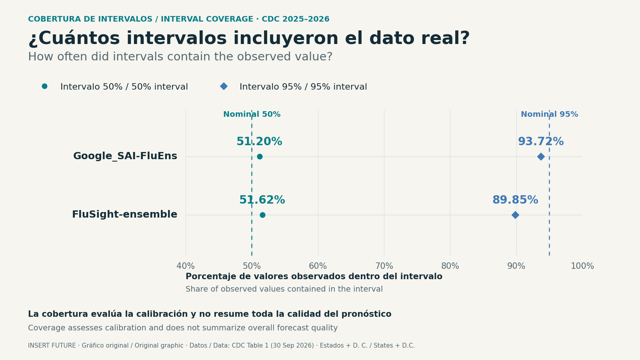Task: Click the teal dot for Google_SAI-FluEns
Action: pyautogui.click(x=260, y=156)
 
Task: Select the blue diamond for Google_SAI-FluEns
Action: pyautogui.click(x=540, y=156)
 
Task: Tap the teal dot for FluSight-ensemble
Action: pyautogui.click(x=262, y=215)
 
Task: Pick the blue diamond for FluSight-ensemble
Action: pyautogui.click(x=515, y=215)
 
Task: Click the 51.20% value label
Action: pyautogui.click(x=259, y=142)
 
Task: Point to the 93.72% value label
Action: pyautogui.click(x=541, y=142)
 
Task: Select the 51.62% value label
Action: pyautogui.click(x=262, y=200)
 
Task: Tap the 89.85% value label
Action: pyautogui.click(x=515, y=200)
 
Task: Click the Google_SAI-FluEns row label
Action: pyautogui.click(x=125, y=156)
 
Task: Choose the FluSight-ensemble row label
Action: pyautogui.click(x=124, y=214)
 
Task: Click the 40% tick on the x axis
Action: pyautogui.click(x=186, y=266)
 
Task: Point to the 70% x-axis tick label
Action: pyautogui.click(x=384, y=266)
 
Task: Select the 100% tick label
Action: pyautogui.click(x=582, y=266)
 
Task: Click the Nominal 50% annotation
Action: pyautogui.click(x=252, y=114)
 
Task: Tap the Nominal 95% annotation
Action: pyautogui.click(x=550, y=114)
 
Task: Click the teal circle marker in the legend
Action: pyautogui.click(x=44, y=86)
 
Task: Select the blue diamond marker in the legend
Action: pyautogui.click(x=224, y=86)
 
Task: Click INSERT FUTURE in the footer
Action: pyautogui.click(x=52, y=346)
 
